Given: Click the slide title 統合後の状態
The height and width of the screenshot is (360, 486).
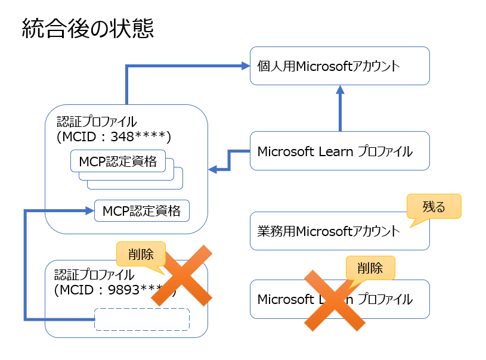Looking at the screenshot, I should pos(88,28).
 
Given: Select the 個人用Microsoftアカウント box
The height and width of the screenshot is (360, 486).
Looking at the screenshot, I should pos(339,66).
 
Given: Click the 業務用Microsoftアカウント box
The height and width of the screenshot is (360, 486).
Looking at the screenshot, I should pos(339,231).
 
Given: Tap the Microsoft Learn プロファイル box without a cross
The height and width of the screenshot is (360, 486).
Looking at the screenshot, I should pos(339,151).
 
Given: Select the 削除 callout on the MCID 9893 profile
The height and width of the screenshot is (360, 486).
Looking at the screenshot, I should pos(141,254).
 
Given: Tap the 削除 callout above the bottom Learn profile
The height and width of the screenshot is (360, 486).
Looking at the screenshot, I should pos(370,268).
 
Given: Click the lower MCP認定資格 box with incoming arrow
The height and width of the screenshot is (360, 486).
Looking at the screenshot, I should pos(141,210).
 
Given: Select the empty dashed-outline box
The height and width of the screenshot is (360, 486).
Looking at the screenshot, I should pos(142,319).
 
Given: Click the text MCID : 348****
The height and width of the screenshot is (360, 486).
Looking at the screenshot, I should pos(114,137).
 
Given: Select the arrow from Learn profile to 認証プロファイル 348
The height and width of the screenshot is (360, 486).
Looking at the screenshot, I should pos(229,162).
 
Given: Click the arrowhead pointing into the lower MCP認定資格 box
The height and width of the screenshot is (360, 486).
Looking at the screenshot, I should pos(89,210).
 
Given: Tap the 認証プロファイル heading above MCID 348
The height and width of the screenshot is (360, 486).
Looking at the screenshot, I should pos(96,122).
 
